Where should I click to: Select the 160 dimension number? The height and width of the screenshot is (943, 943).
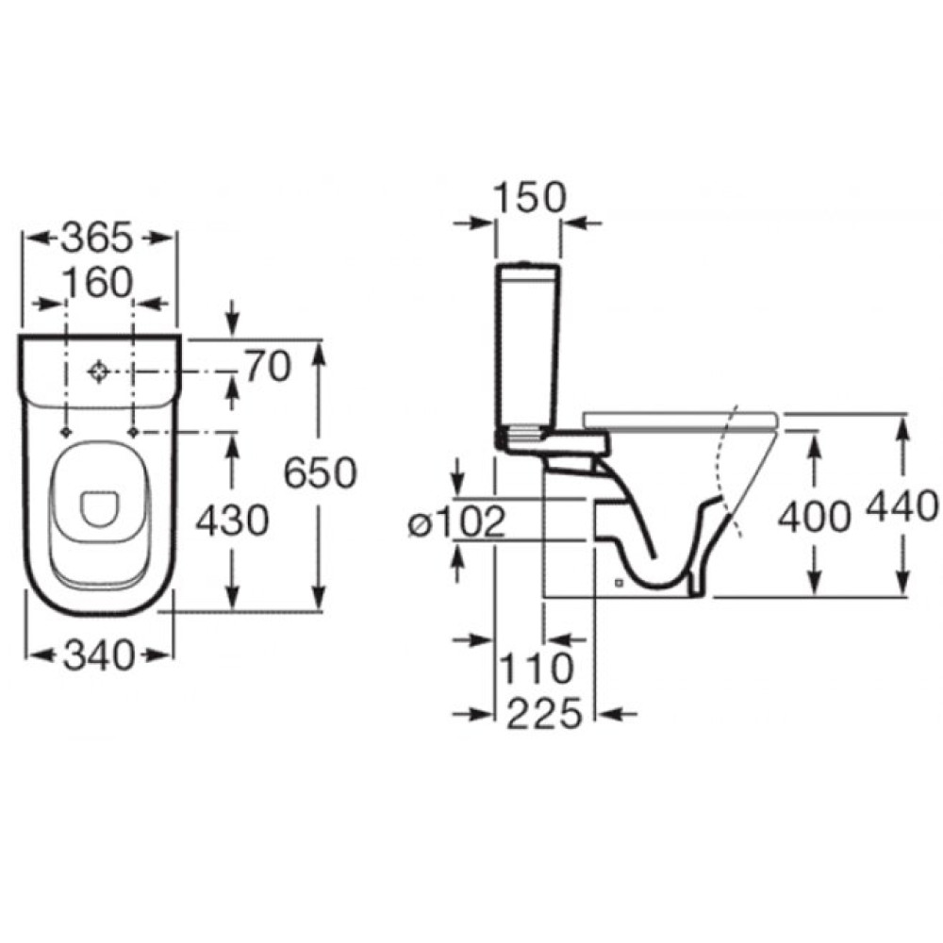coord(97,283)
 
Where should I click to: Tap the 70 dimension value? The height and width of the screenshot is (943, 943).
coord(268,367)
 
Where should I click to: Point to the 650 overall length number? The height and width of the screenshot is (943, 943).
coord(320,472)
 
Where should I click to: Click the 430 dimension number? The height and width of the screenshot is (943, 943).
coord(232,521)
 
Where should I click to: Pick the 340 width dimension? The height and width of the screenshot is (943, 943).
coord(99,655)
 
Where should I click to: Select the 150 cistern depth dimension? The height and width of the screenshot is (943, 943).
coord(529,197)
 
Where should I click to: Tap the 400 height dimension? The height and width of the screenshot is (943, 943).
coord(815,517)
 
